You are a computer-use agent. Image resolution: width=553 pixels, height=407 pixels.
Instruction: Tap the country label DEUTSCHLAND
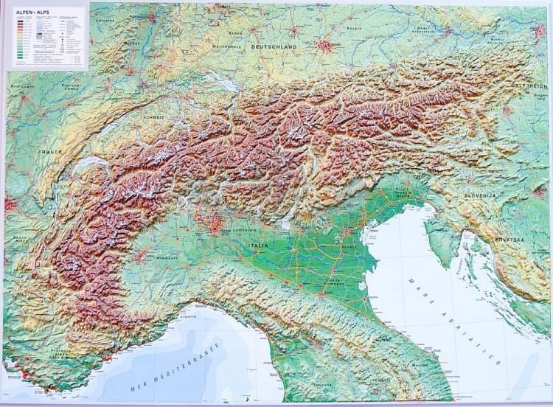(x=274, y=46)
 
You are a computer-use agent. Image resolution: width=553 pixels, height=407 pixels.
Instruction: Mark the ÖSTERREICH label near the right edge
(x=533, y=87)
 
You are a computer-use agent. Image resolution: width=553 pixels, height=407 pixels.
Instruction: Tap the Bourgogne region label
(x=22, y=86)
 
